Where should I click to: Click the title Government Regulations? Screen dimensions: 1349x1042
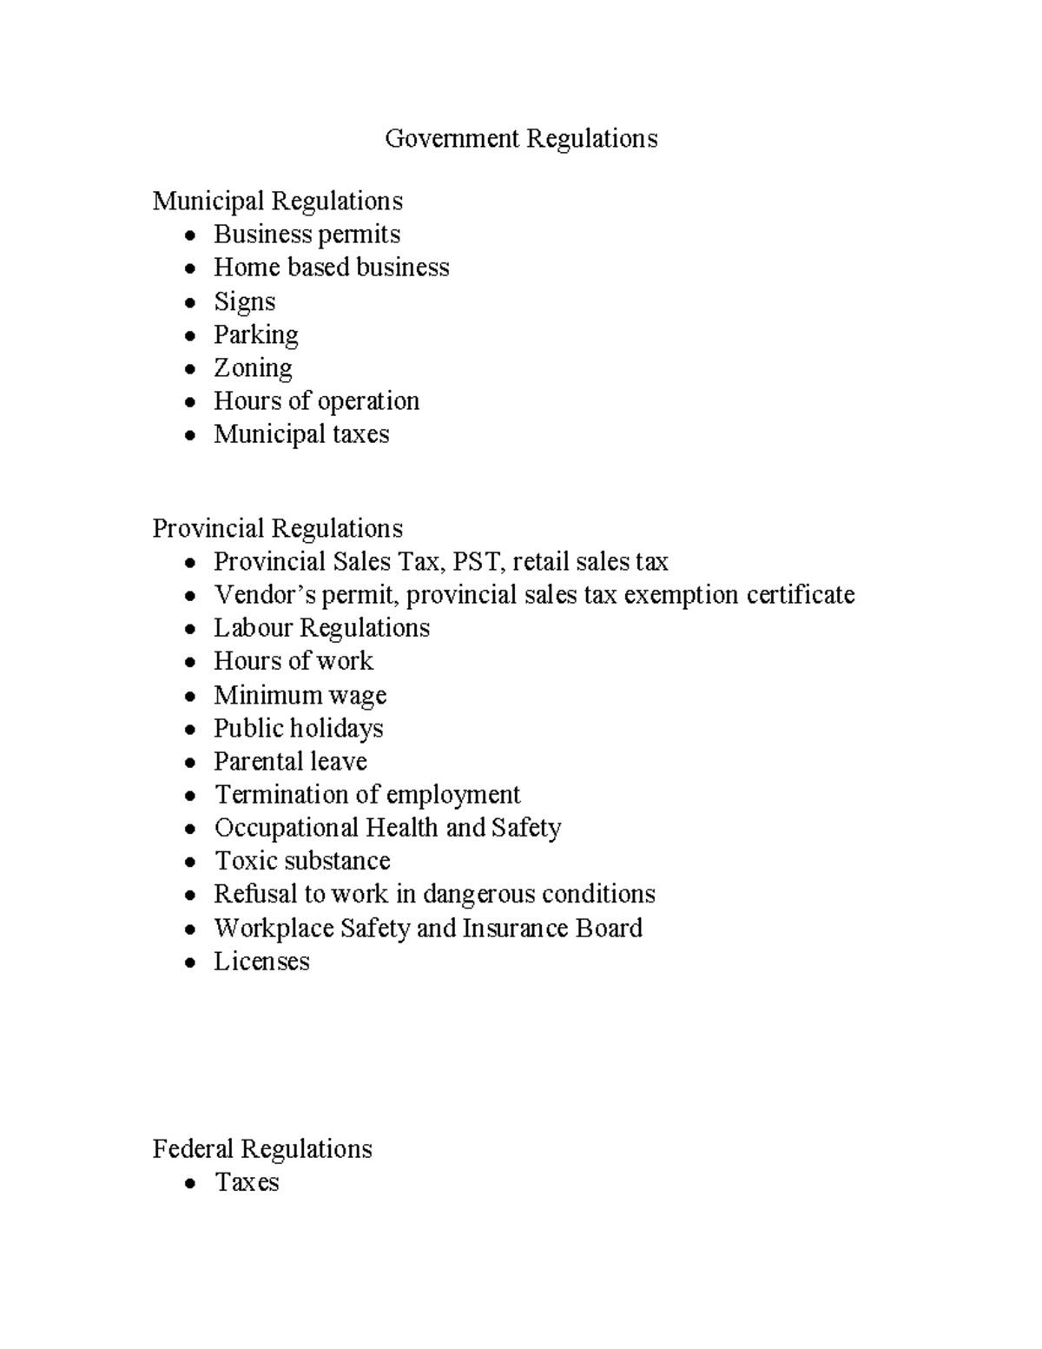point(521,139)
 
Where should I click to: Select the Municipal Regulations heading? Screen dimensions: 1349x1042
point(277,202)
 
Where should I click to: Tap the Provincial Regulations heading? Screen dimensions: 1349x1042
point(277,529)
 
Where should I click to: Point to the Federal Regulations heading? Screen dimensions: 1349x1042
point(262,1149)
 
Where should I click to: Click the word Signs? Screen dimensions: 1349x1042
point(245,301)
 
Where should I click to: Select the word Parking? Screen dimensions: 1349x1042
point(256,335)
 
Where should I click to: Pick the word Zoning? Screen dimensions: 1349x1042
point(253,368)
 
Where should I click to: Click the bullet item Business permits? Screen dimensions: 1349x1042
point(307,235)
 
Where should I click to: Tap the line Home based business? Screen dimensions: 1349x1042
point(332,268)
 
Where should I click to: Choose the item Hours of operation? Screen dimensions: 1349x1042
point(316,401)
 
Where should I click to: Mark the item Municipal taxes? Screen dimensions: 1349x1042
point(301,434)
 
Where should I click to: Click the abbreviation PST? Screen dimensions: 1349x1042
point(478,562)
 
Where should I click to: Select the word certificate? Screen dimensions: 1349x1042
point(801,595)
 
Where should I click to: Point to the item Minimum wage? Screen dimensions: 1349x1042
point(300,696)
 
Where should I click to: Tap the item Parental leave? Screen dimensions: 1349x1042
point(290,762)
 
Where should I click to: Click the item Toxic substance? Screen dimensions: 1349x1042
point(302,861)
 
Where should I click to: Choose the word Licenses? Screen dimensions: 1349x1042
point(261,962)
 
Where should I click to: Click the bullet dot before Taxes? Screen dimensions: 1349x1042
point(191,1184)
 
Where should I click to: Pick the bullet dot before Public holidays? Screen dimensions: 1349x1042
point(191,730)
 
